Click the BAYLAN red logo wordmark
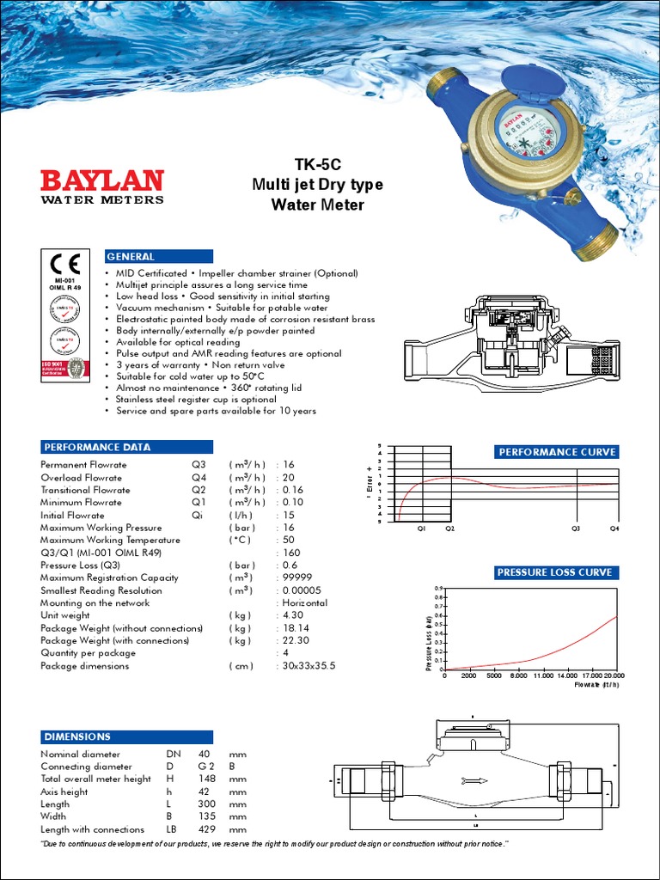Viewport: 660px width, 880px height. coord(102,180)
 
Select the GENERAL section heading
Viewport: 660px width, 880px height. coord(130,256)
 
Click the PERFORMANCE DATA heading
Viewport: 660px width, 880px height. coord(96,447)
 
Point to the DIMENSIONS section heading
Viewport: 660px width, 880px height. coord(77,736)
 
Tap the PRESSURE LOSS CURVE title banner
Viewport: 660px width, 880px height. coord(554,572)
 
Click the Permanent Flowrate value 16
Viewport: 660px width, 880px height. coord(289,465)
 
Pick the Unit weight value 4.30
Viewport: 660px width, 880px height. coord(293,615)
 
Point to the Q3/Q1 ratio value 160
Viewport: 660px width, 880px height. coord(291,553)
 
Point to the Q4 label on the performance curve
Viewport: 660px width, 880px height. coord(614,529)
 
